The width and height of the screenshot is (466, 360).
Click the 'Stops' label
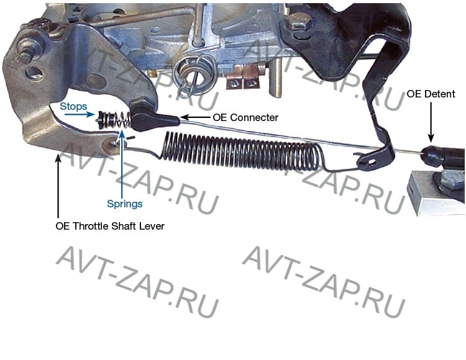73,106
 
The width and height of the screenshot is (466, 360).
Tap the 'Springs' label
124,204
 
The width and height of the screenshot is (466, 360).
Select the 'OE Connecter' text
245,117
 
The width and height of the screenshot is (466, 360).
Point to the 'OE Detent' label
431,94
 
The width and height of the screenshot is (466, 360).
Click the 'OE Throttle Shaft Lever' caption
110,226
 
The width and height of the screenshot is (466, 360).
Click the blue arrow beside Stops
80,114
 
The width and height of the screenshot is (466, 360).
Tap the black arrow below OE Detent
431,122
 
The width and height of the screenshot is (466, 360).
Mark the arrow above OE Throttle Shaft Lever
58,186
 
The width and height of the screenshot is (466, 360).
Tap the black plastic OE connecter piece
154,119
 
